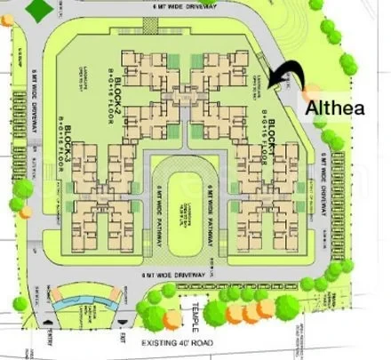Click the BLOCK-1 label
[273, 142]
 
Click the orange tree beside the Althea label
[310, 90]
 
